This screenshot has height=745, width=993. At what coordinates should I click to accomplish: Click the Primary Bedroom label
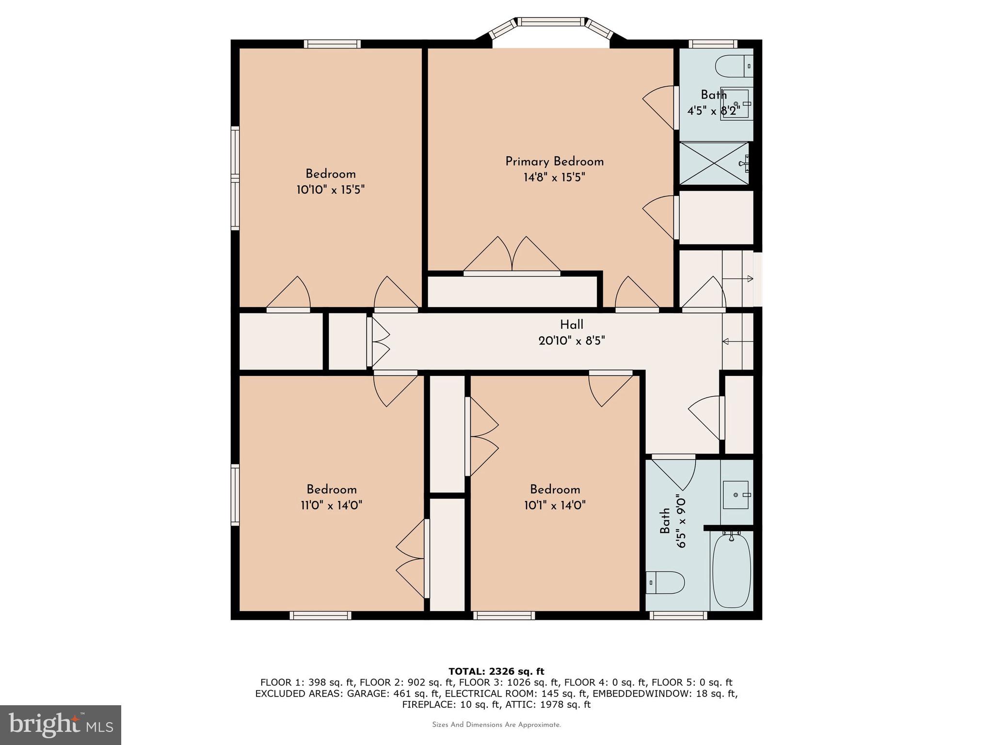(554, 162)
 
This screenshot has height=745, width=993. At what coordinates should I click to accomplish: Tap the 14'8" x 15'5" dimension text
(554, 178)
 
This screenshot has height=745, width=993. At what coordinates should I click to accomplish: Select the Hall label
(572, 324)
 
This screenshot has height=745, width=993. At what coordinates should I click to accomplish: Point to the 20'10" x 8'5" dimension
(572, 341)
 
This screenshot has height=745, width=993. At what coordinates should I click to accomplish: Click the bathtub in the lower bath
(732, 570)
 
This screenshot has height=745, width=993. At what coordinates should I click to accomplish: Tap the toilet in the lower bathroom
(665, 583)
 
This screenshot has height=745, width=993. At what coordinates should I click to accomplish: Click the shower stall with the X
(714, 163)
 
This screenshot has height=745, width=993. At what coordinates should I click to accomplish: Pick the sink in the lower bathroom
(736, 495)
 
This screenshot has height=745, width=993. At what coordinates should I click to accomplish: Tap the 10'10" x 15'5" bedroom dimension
(331, 190)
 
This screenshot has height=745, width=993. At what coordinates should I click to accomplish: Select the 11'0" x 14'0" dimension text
(332, 505)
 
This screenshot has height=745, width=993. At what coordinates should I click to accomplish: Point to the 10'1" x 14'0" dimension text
(555, 505)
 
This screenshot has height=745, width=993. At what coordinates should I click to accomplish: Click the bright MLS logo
(61, 725)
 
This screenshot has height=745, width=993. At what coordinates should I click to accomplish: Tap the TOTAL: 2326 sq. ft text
(496, 671)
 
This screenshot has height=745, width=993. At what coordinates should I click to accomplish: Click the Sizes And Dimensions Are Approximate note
(496, 725)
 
